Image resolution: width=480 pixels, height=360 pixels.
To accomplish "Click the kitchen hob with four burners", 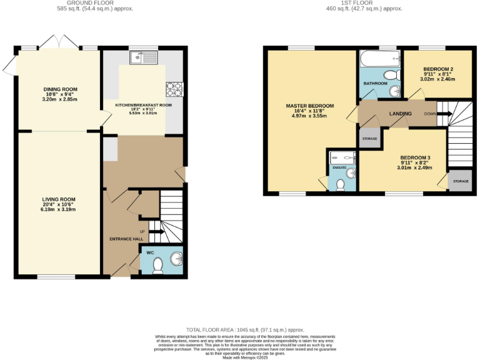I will click(x=174, y=89).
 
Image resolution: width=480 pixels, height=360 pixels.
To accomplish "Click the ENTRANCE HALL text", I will click(x=127, y=239).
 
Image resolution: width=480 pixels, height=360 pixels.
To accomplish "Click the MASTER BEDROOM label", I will click(x=310, y=106).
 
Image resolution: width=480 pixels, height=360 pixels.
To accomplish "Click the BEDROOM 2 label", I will click(x=437, y=69).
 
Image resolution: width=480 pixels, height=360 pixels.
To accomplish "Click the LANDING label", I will click(x=400, y=114).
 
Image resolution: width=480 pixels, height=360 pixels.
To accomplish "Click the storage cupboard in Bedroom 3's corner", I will click(x=460, y=181).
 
